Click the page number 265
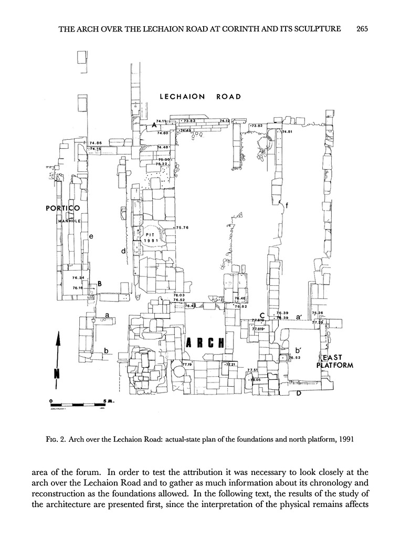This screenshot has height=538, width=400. [361, 29]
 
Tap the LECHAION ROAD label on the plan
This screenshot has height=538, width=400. [201, 97]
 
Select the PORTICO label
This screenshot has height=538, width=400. [63, 209]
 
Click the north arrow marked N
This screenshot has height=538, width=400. [58, 357]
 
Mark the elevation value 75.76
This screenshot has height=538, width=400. [182, 227]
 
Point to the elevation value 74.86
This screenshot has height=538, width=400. [96, 143]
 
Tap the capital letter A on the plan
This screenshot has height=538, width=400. [154, 126]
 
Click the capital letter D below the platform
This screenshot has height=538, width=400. [298, 393]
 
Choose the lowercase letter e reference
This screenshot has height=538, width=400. [91, 236]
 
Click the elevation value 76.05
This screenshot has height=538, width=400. [256, 379]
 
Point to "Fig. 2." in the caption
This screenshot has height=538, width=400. [55, 440]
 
